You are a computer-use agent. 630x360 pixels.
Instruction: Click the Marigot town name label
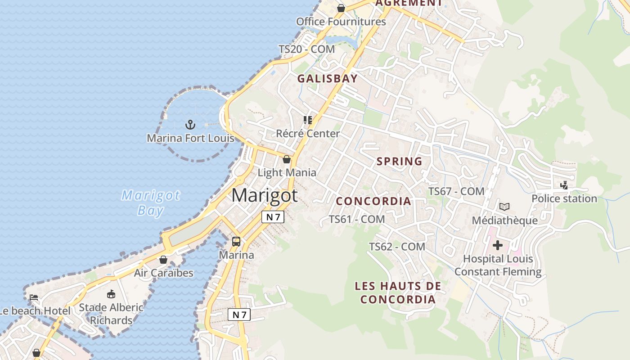(264, 195)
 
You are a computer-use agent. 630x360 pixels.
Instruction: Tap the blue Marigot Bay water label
(151, 203)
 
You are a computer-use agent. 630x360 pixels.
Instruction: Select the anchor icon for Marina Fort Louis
(190, 124)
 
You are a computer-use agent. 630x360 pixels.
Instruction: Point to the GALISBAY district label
(327, 79)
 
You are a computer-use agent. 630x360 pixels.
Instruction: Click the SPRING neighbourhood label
(399, 161)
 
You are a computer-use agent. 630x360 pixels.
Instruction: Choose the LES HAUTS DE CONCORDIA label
(398, 292)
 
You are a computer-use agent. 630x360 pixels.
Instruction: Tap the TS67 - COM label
(456, 191)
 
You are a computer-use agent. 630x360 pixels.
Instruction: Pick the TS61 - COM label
(356, 219)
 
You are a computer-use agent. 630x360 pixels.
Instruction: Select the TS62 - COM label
(397, 247)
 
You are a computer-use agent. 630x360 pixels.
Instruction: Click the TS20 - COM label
(306, 49)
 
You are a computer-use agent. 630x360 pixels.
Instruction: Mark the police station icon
(564, 185)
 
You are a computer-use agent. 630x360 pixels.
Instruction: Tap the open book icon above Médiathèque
(504, 207)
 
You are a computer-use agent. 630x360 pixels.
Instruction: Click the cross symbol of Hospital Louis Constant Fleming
(498, 245)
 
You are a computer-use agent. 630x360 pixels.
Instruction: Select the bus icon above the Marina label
(236, 242)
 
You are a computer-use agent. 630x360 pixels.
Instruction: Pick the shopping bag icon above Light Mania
(287, 159)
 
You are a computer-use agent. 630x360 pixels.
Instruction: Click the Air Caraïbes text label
(163, 273)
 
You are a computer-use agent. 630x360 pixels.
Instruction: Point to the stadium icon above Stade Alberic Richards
(111, 294)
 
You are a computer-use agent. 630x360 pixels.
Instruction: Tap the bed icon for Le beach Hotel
(33, 297)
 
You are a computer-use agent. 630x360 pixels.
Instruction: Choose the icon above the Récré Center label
(308, 120)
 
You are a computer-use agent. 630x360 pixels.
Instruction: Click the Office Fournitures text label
(341, 22)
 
